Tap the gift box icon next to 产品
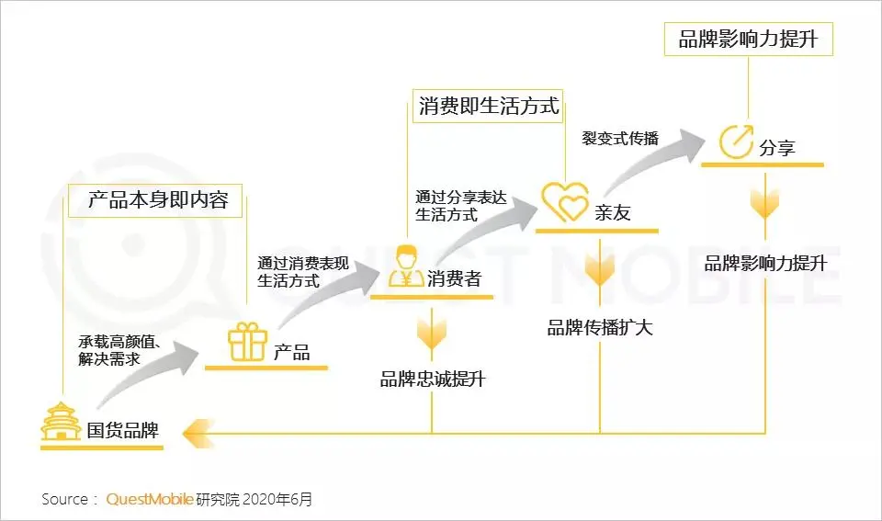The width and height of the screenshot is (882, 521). [247, 342]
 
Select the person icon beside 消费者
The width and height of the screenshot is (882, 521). [404, 266]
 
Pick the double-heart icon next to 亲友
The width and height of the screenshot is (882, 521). [564, 201]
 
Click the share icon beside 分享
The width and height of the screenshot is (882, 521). [736, 142]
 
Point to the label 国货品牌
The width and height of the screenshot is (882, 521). [122, 430]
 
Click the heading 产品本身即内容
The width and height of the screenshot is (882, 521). [157, 199]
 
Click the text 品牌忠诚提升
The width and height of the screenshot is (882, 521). [432, 379]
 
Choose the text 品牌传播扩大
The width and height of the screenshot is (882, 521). [600, 327]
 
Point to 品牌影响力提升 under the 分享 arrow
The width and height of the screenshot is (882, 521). [765, 264]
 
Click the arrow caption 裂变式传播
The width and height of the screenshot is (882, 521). [620, 138]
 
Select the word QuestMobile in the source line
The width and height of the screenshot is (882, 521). [150, 500]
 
